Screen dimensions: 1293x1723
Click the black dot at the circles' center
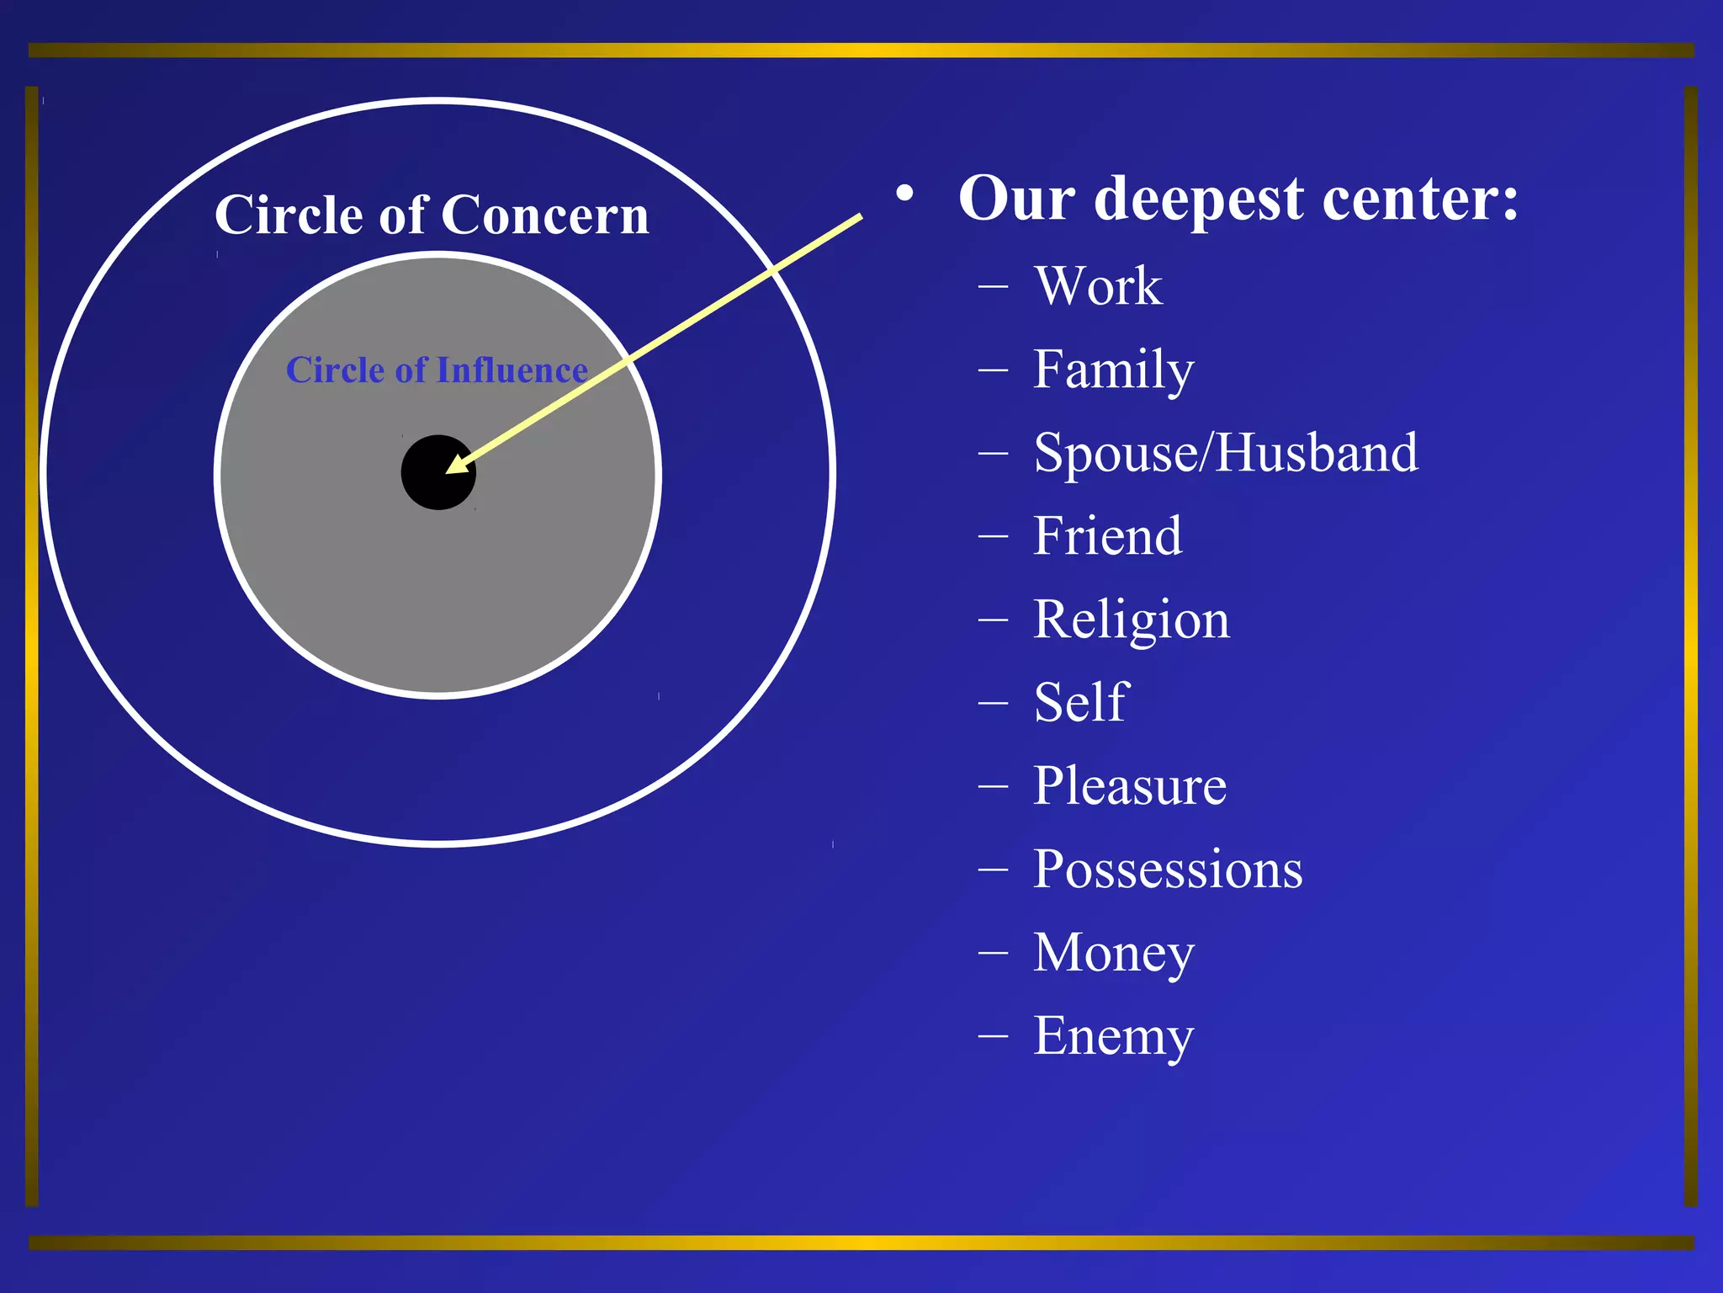(x=437, y=472)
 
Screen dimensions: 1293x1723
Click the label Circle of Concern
(x=432, y=215)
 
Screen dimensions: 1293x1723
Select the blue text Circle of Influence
(x=437, y=370)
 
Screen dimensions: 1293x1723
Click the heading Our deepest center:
(x=1238, y=199)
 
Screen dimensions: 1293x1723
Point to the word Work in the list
(x=1098, y=285)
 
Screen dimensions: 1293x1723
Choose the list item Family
(x=1113, y=370)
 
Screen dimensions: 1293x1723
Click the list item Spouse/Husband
(x=1226, y=453)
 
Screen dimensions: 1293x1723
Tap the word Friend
(x=1107, y=535)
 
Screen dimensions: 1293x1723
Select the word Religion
(x=1131, y=620)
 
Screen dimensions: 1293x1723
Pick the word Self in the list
(x=1080, y=702)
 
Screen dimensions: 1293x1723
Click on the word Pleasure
(x=1129, y=785)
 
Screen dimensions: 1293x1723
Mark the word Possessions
(x=1168, y=869)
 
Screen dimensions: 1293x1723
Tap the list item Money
(x=1113, y=952)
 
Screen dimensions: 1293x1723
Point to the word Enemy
(x=1113, y=1035)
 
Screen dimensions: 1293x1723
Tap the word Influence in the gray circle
(x=512, y=370)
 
